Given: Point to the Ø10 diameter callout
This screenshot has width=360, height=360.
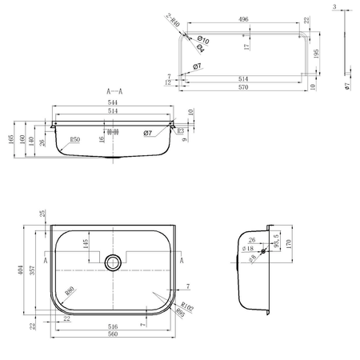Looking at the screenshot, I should pyautogui.click(x=202, y=39).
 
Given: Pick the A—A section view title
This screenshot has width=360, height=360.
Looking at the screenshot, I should pyautogui.click(x=114, y=91).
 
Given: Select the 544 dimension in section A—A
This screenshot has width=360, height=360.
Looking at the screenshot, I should pyautogui.click(x=114, y=103).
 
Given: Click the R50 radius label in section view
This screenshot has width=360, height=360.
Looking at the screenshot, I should pyautogui.click(x=76, y=140).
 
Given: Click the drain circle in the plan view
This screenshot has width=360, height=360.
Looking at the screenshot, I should pyautogui.click(x=114, y=261).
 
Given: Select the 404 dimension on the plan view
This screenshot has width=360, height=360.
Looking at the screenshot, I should pyautogui.click(x=19, y=272).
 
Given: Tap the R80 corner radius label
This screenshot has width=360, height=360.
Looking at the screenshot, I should pyautogui.click(x=70, y=293).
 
